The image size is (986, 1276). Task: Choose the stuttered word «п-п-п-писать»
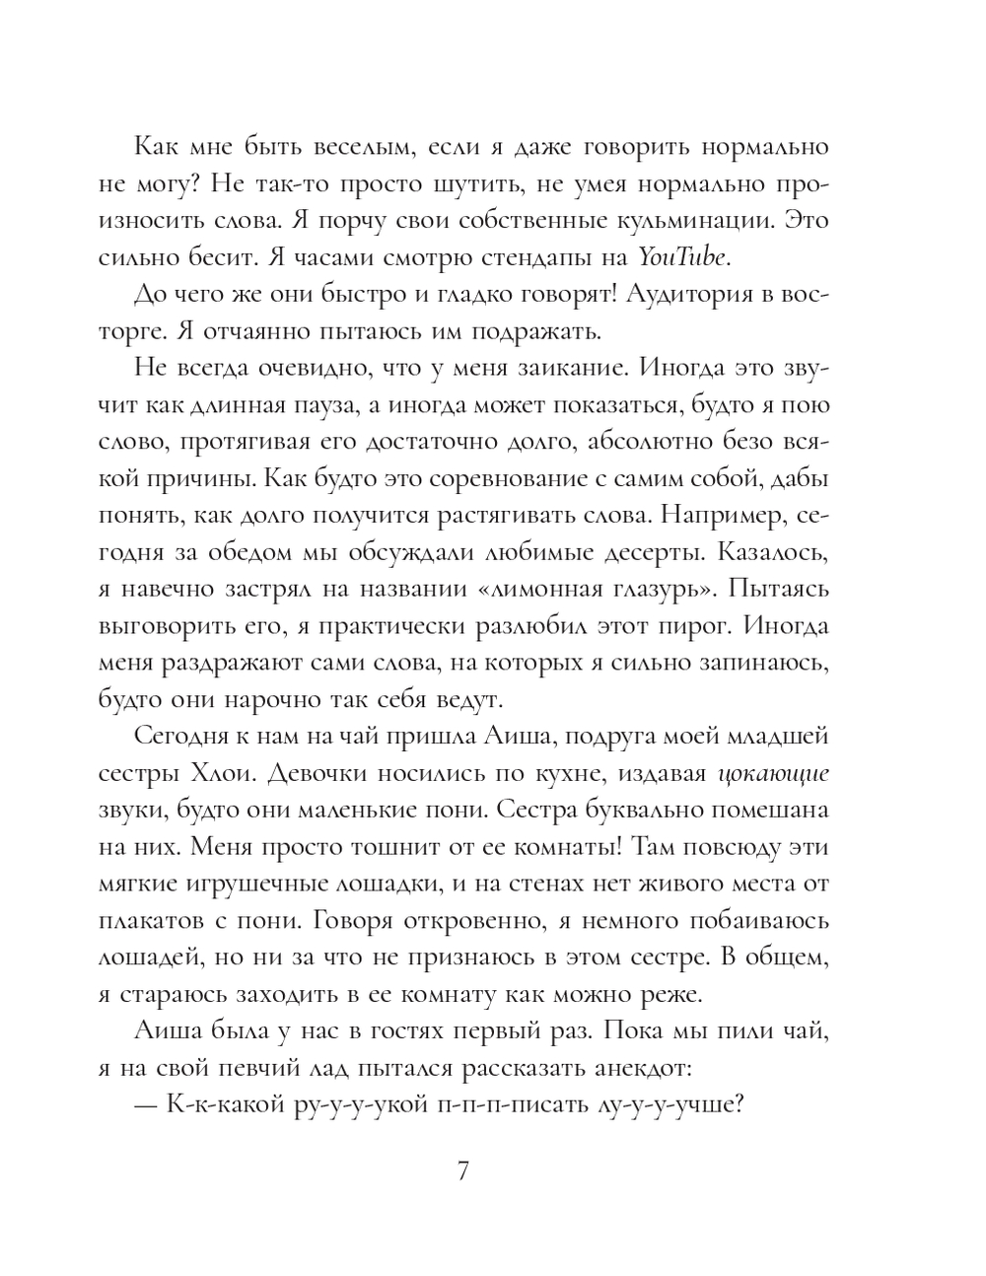pyautogui.click(x=499, y=1105)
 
